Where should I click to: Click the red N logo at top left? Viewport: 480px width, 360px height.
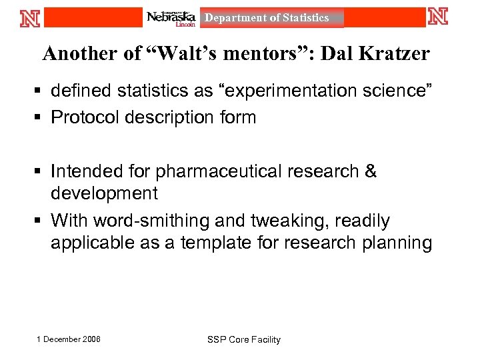click(31, 17)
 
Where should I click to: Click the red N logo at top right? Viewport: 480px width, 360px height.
click(438, 17)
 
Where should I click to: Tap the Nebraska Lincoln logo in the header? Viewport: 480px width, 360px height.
click(171, 18)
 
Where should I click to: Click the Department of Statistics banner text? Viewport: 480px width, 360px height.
click(267, 18)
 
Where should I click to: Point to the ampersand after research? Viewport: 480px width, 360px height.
click(371, 171)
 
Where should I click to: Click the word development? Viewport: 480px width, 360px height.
click(104, 193)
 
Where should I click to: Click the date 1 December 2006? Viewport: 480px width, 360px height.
click(69, 339)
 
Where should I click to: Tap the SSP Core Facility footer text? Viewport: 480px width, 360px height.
click(244, 339)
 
